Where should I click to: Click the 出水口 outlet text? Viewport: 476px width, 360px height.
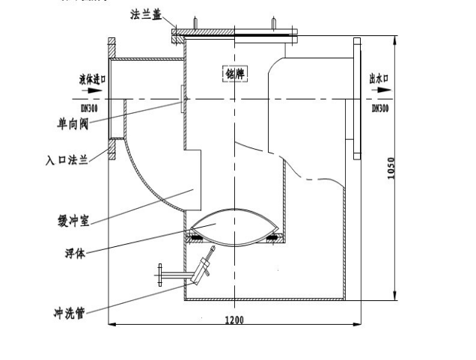[380, 77]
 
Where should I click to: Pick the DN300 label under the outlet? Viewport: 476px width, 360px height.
[380, 109]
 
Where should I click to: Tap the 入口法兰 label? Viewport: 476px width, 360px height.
[67, 159]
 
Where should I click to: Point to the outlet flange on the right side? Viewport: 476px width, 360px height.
[358, 97]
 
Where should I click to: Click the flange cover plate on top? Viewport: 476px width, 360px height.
[236, 32]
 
